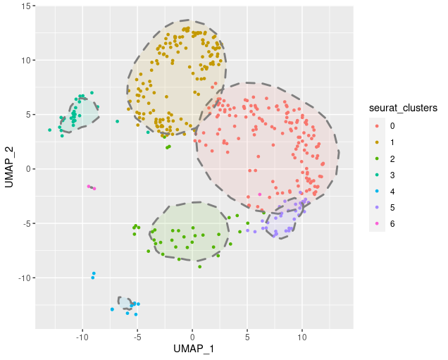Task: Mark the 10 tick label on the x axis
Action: tap(302, 335)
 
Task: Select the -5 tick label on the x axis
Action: tap(137, 335)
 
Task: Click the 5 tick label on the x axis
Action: tap(247, 335)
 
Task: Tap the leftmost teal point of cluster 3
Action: tap(49, 130)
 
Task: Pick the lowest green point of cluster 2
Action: tap(200, 267)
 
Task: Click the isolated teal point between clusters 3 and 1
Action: tap(117, 121)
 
